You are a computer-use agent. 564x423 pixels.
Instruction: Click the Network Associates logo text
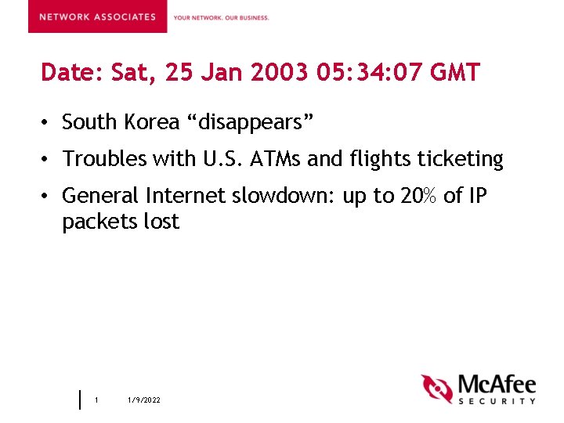point(97,17)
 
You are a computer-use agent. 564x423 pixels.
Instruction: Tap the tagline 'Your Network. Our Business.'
point(221,17)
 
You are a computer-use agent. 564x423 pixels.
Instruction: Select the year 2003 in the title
point(280,74)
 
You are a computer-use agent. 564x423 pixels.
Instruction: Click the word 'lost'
point(161,222)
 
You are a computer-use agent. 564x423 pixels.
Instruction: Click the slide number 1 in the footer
point(96,400)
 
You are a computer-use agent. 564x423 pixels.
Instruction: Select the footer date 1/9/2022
point(144,400)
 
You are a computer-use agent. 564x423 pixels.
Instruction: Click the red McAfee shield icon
point(436,389)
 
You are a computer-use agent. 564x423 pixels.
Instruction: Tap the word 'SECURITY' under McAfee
point(497,400)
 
